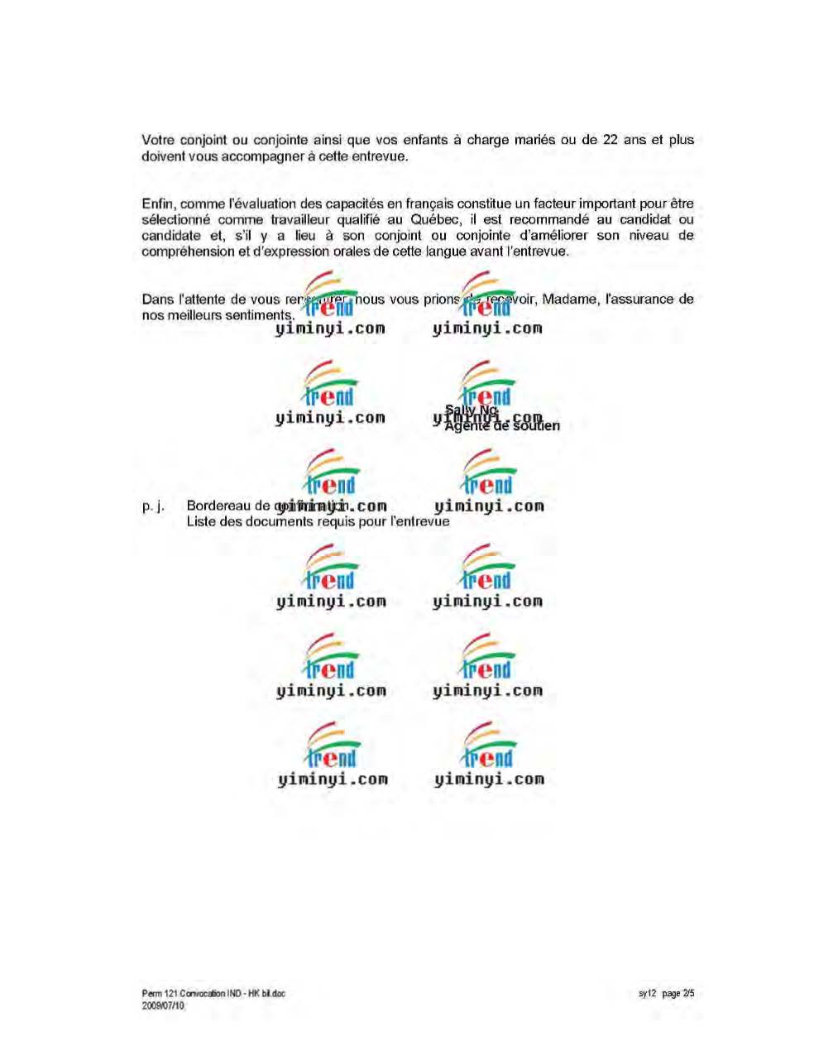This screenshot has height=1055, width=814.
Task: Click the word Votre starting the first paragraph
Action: click(157, 140)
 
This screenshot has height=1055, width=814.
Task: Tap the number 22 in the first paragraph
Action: click(610, 140)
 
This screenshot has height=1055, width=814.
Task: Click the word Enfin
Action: click(158, 204)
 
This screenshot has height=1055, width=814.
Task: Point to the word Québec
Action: click(433, 219)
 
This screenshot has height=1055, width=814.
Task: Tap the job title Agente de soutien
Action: click(502, 426)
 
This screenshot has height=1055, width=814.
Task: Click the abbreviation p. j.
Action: click(152, 506)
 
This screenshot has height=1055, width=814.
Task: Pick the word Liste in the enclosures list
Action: click(201, 521)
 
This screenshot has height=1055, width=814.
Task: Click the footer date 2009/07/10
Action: click(163, 1005)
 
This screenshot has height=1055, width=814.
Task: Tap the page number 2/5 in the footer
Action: click(687, 994)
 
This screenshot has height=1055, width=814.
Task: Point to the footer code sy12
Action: click(646, 994)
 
